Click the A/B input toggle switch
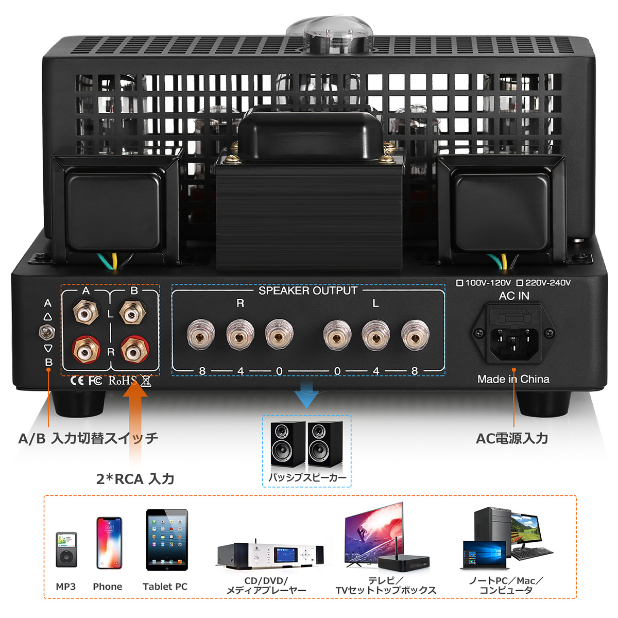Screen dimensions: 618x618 pos(47,333)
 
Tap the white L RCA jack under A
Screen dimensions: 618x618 pos(85,312)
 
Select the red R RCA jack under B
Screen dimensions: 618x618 pos(135,350)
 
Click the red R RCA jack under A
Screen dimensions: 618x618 pos(85,350)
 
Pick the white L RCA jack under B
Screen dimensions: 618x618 pos(132,312)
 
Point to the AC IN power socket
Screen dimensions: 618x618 pos(513,334)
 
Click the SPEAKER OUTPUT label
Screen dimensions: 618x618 pos(308,290)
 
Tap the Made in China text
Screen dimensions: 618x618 pos(513,379)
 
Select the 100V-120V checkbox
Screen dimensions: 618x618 pos(460,283)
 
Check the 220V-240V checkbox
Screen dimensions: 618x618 pos(520,283)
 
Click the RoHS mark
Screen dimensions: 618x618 pos(123,381)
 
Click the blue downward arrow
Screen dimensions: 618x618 pos(307,394)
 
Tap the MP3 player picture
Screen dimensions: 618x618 pos(66,550)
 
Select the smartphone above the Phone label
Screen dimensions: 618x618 pos(109,543)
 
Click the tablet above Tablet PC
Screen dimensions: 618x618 pos(167,540)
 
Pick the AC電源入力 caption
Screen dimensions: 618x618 pos(512,438)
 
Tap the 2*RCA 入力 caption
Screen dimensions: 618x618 pos(135,479)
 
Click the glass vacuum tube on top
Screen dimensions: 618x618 pos(330,36)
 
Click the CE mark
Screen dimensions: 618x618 pos(77,381)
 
